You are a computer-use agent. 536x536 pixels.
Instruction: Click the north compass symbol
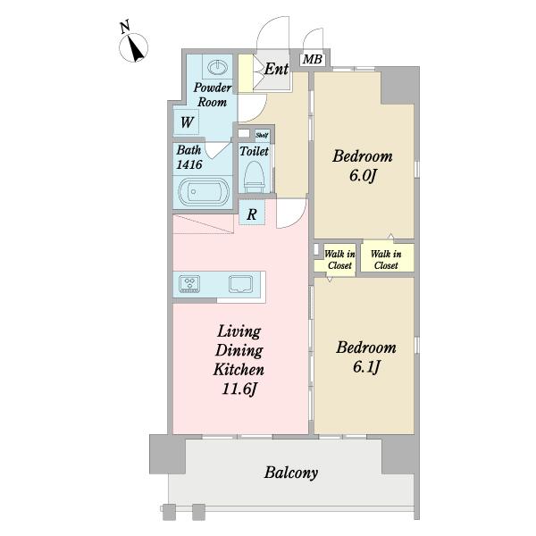[133, 47]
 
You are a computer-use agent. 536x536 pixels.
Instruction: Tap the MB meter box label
[313, 60]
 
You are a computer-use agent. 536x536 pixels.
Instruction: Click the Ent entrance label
[276, 69]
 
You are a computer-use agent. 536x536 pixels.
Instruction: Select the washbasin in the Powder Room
[217, 67]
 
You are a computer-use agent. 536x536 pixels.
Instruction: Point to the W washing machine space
[187, 122]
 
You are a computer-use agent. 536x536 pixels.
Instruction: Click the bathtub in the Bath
[204, 192]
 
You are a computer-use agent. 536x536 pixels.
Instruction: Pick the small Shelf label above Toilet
[262, 136]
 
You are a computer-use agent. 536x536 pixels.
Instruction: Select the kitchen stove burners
[189, 284]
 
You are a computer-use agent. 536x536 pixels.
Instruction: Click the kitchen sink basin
[240, 284]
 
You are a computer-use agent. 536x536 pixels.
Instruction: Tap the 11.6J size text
[239, 389]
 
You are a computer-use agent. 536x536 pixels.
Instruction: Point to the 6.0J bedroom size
[363, 176]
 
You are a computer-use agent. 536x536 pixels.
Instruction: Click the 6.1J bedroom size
[366, 367]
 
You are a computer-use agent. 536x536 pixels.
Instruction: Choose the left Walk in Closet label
[339, 259]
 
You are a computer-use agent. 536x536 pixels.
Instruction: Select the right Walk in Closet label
[386, 259]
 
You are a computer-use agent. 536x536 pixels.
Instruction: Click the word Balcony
[291, 473]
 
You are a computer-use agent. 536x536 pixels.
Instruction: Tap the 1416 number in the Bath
[189, 164]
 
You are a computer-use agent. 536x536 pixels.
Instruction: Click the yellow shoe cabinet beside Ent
[246, 73]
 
